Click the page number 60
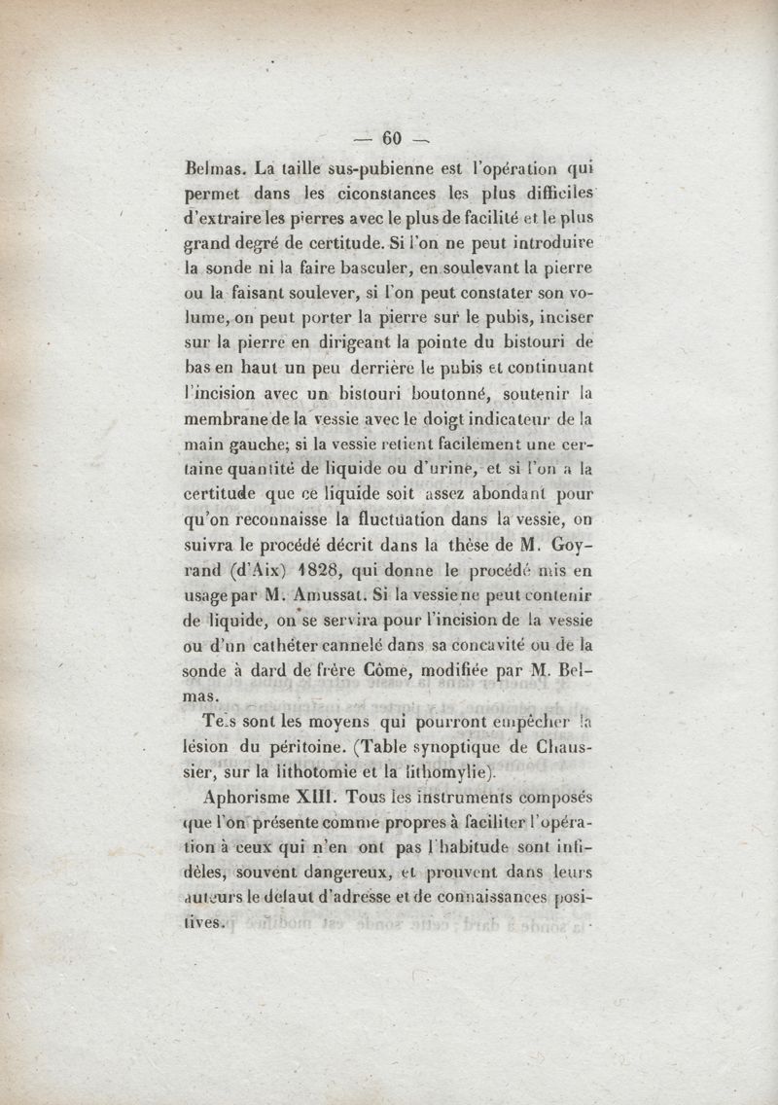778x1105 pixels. click(x=392, y=137)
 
